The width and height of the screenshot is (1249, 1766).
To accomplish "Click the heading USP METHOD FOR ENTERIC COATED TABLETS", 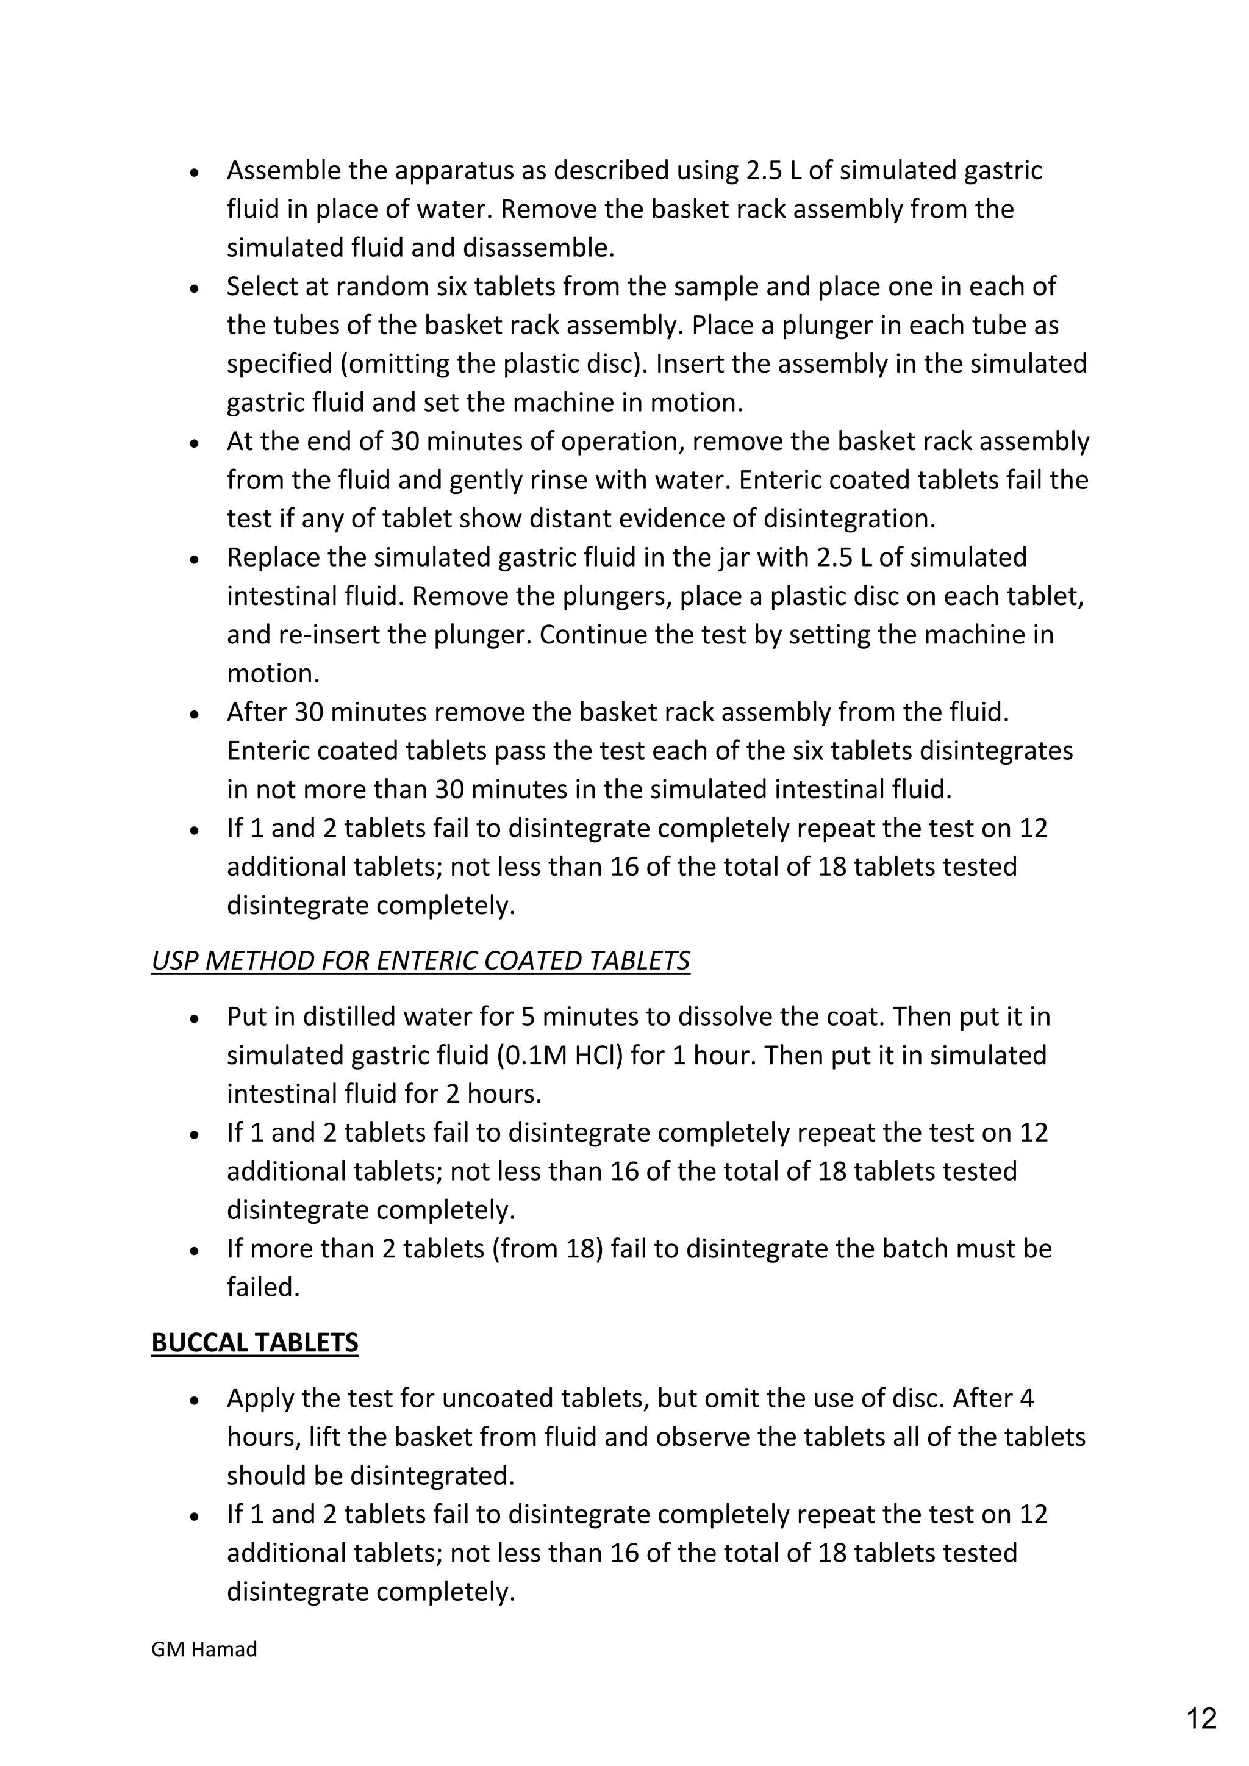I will [x=420, y=960].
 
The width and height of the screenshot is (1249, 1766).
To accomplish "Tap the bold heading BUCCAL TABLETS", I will [x=254, y=1342].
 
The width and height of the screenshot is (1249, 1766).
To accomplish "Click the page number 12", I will [x=1201, y=1718].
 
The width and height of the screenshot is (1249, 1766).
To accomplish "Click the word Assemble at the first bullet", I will [x=282, y=171].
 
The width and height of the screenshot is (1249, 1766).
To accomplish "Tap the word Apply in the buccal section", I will [x=260, y=1398].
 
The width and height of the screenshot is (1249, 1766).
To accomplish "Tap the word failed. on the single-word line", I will [x=263, y=1287].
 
